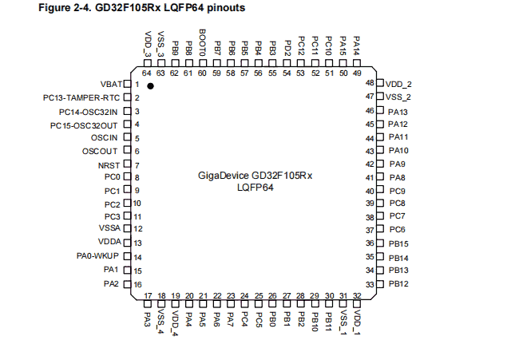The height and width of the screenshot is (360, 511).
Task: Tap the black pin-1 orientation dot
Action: point(150,85)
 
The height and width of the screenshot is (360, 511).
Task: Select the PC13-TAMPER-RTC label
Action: point(81,97)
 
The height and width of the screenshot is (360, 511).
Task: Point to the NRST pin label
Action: point(109,165)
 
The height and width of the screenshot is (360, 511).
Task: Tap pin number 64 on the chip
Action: point(147,73)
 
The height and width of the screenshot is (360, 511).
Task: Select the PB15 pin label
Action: point(398,243)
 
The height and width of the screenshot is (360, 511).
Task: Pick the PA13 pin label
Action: point(398,112)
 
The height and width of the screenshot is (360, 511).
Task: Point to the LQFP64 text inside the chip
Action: point(255,188)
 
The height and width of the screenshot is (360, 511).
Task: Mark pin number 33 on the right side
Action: point(370,284)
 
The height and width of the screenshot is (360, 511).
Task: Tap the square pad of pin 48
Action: point(380,83)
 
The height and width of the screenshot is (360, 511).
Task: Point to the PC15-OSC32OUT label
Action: point(85,125)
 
